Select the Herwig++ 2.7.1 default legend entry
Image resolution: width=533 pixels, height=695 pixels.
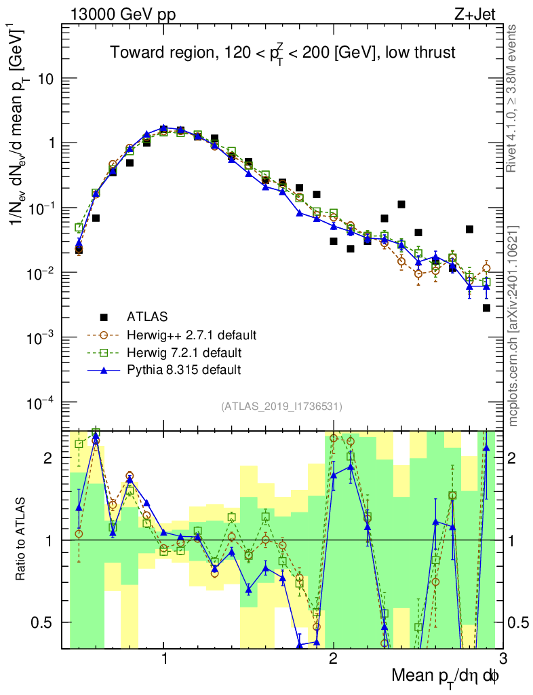[x=191, y=335]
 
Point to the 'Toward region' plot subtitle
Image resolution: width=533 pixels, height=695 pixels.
[x=285, y=53]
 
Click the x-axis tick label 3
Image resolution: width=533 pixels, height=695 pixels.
[x=502, y=658]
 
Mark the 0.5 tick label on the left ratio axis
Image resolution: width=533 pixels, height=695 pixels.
[x=47, y=622]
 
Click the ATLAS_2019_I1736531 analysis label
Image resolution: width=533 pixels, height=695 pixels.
[x=281, y=407]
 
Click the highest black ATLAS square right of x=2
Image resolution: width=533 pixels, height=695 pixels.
[x=401, y=204]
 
